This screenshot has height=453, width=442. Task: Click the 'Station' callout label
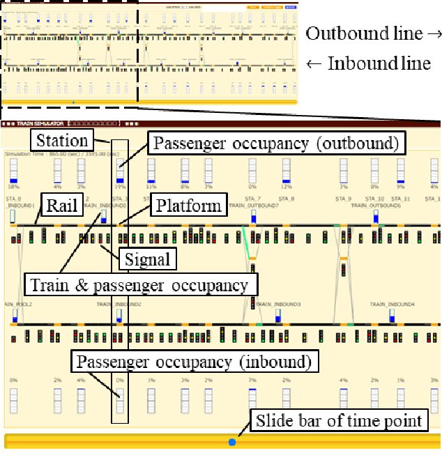coord(62,139)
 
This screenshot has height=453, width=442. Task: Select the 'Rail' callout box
coord(61,206)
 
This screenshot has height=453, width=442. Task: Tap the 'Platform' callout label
coord(188,206)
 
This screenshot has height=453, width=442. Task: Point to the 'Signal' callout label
coord(148,259)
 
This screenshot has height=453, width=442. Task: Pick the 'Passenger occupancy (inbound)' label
coord(196,362)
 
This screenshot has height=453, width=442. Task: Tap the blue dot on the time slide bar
coord(232,442)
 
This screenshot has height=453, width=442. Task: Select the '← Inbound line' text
coord(368,63)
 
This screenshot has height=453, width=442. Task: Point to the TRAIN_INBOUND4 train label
coord(392,305)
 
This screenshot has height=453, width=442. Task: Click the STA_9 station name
coord(344,199)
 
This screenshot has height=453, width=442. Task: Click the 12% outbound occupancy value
coord(286,187)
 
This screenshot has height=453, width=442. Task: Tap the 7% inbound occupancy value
coord(252,380)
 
